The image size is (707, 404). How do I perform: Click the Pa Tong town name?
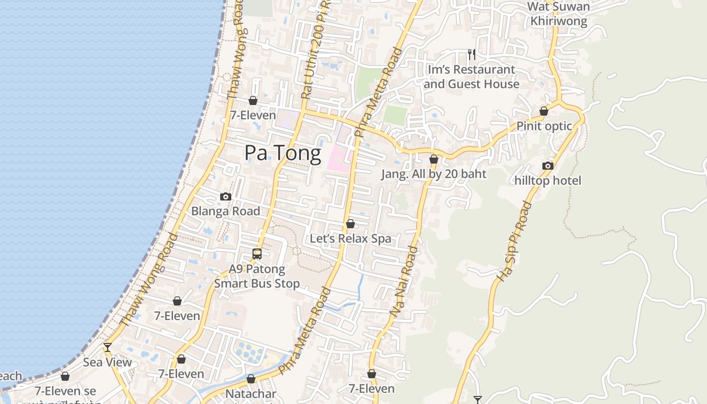pos(283,153)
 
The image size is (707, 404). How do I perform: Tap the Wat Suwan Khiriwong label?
pos(559,14)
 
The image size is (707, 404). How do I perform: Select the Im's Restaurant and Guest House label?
pos(471,77)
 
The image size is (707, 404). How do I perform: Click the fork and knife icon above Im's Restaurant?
pos(471,54)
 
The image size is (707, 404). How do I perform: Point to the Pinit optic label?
pos(544,126)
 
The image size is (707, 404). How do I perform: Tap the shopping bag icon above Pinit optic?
pos(544,111)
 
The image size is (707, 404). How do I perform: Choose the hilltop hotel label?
pos(548,180)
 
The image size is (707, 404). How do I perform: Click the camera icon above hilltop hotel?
pos(548,166)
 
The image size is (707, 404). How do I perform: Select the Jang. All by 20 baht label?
pos(433,174)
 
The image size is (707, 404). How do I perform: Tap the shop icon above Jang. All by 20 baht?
pos(433,160)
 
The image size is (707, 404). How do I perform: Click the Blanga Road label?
pos(225,211)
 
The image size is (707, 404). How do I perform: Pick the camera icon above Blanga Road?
pos(225,196)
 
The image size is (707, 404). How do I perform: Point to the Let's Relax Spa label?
pos(350,238)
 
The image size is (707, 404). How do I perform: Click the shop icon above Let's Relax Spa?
pos(350,224)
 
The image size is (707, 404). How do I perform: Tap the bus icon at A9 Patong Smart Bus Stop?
pos(257,254)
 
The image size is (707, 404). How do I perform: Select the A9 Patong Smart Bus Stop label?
pos(257,276)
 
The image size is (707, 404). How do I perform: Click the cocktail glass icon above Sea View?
pos(107,347)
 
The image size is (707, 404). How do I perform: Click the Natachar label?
pos(250,394)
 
